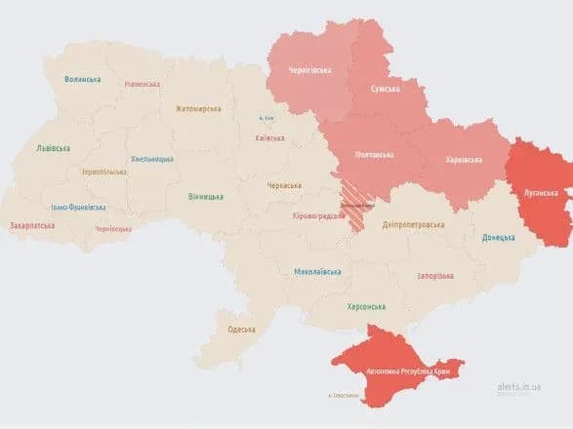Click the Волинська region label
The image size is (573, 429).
[x=83, y=80]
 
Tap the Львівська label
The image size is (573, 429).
[x=54, y=147]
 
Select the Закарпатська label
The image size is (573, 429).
[x=33, y=225]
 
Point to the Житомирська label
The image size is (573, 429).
[x=199, y=109]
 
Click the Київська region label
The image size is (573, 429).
[x=269, y=138]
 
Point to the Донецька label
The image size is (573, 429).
[x=500, y=238]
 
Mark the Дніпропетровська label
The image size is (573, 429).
[x=413, y=223]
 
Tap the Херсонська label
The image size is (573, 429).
[x=367, y=306]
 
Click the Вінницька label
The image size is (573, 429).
[x=205, y=196]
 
